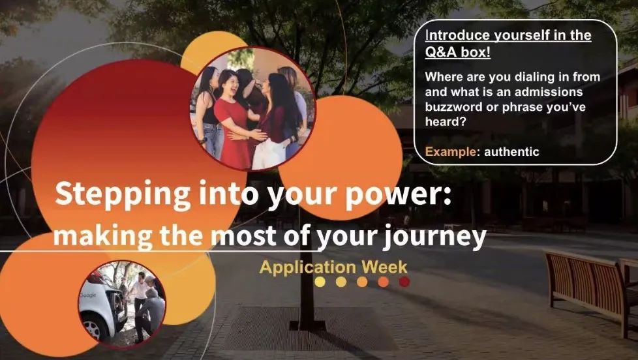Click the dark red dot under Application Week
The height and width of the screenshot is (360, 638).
[x=404, y=282]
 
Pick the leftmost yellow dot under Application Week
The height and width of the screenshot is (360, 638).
[x=320, y=282]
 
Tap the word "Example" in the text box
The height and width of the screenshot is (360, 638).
[x=450, y=152]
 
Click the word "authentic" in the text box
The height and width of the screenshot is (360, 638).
[x=511, y=152]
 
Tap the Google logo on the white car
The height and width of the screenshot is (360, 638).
[x=88, y=295]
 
